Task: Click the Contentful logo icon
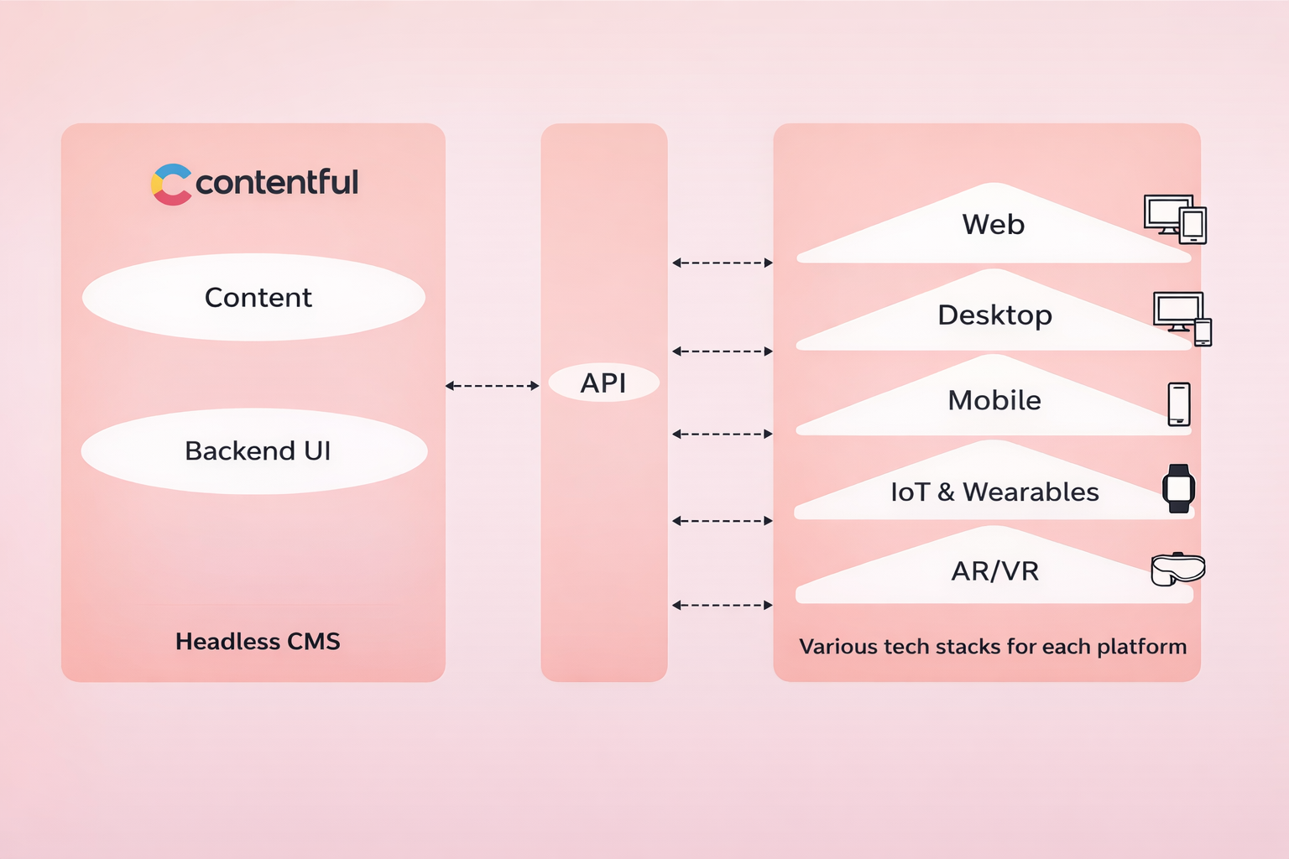171,184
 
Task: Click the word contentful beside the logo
277,182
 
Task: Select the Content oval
254,297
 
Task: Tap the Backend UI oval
254,451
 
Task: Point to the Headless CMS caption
258,642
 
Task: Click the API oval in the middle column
603,383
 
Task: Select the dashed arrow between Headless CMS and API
492,386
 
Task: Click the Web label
994,225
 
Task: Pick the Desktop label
994,315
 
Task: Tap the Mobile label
994,401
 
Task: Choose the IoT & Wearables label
994,492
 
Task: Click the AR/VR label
995,571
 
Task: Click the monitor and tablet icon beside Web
1175,219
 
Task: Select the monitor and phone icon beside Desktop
1182,317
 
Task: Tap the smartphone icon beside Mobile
1179,404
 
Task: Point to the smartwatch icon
1178,488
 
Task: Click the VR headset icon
1177,570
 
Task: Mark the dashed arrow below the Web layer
722,263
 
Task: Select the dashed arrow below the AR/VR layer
722,605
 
